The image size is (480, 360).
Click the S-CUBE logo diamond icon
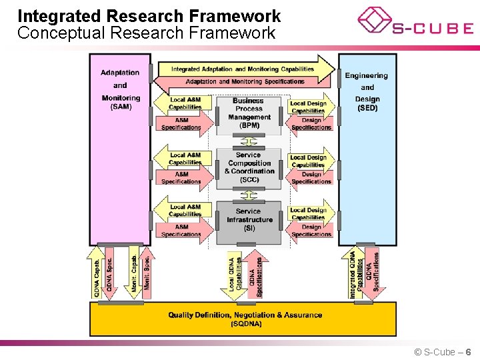(374, 20)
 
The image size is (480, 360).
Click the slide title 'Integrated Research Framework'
(149, 16)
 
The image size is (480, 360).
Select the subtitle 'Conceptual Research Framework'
(146, 33)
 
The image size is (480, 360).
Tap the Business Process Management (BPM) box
(249, 113)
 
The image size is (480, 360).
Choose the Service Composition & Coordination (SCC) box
(249, 167)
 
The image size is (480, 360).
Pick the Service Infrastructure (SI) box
(249, 219)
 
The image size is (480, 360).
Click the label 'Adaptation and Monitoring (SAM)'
(121, 89)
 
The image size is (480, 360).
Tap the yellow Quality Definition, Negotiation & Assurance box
(245, 319)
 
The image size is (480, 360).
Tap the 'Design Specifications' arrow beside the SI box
(310, 231)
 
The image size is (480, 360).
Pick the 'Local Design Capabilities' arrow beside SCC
(309, 161)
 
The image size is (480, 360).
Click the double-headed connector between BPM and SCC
(249, 141)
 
